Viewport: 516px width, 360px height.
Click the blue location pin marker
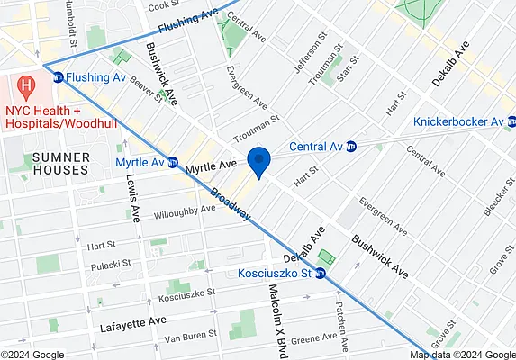point(259,161)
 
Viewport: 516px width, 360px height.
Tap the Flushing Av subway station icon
point(59,78)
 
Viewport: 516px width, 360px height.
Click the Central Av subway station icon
point(351,147)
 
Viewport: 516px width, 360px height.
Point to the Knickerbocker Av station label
point(457,121)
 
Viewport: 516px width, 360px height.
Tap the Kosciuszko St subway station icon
point(320,274)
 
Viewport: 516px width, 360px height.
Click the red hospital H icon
point(27,88)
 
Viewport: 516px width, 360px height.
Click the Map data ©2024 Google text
point(461,355)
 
